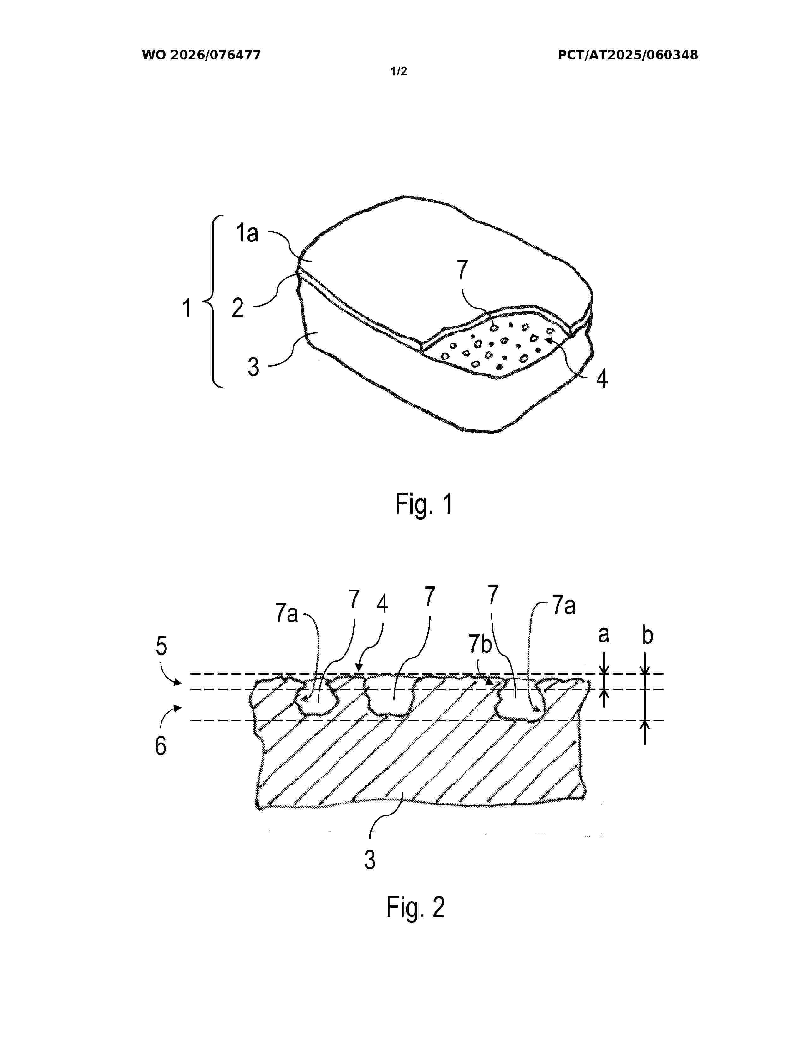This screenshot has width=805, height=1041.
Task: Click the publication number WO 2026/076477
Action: tap(201, 55)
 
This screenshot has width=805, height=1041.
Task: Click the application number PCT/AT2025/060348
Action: tap(628, 55)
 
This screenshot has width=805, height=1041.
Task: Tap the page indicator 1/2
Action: tap(399, 72)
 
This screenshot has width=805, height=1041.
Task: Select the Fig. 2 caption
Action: tap(415, 907)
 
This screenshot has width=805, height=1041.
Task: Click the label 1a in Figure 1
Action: tap(247, 233)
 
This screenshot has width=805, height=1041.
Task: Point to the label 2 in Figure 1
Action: tap(237, 308)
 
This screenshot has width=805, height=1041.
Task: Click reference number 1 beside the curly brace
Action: tap(187, 308)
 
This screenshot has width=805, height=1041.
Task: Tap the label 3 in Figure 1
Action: tap(253, 367)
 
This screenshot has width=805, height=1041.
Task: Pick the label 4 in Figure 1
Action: tap(602, 379)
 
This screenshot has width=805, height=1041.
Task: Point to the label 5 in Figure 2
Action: tap(161, 646)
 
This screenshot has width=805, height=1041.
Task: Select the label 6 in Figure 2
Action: tap(161, 746)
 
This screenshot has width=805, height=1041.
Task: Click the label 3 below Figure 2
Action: tap(370, 860)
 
